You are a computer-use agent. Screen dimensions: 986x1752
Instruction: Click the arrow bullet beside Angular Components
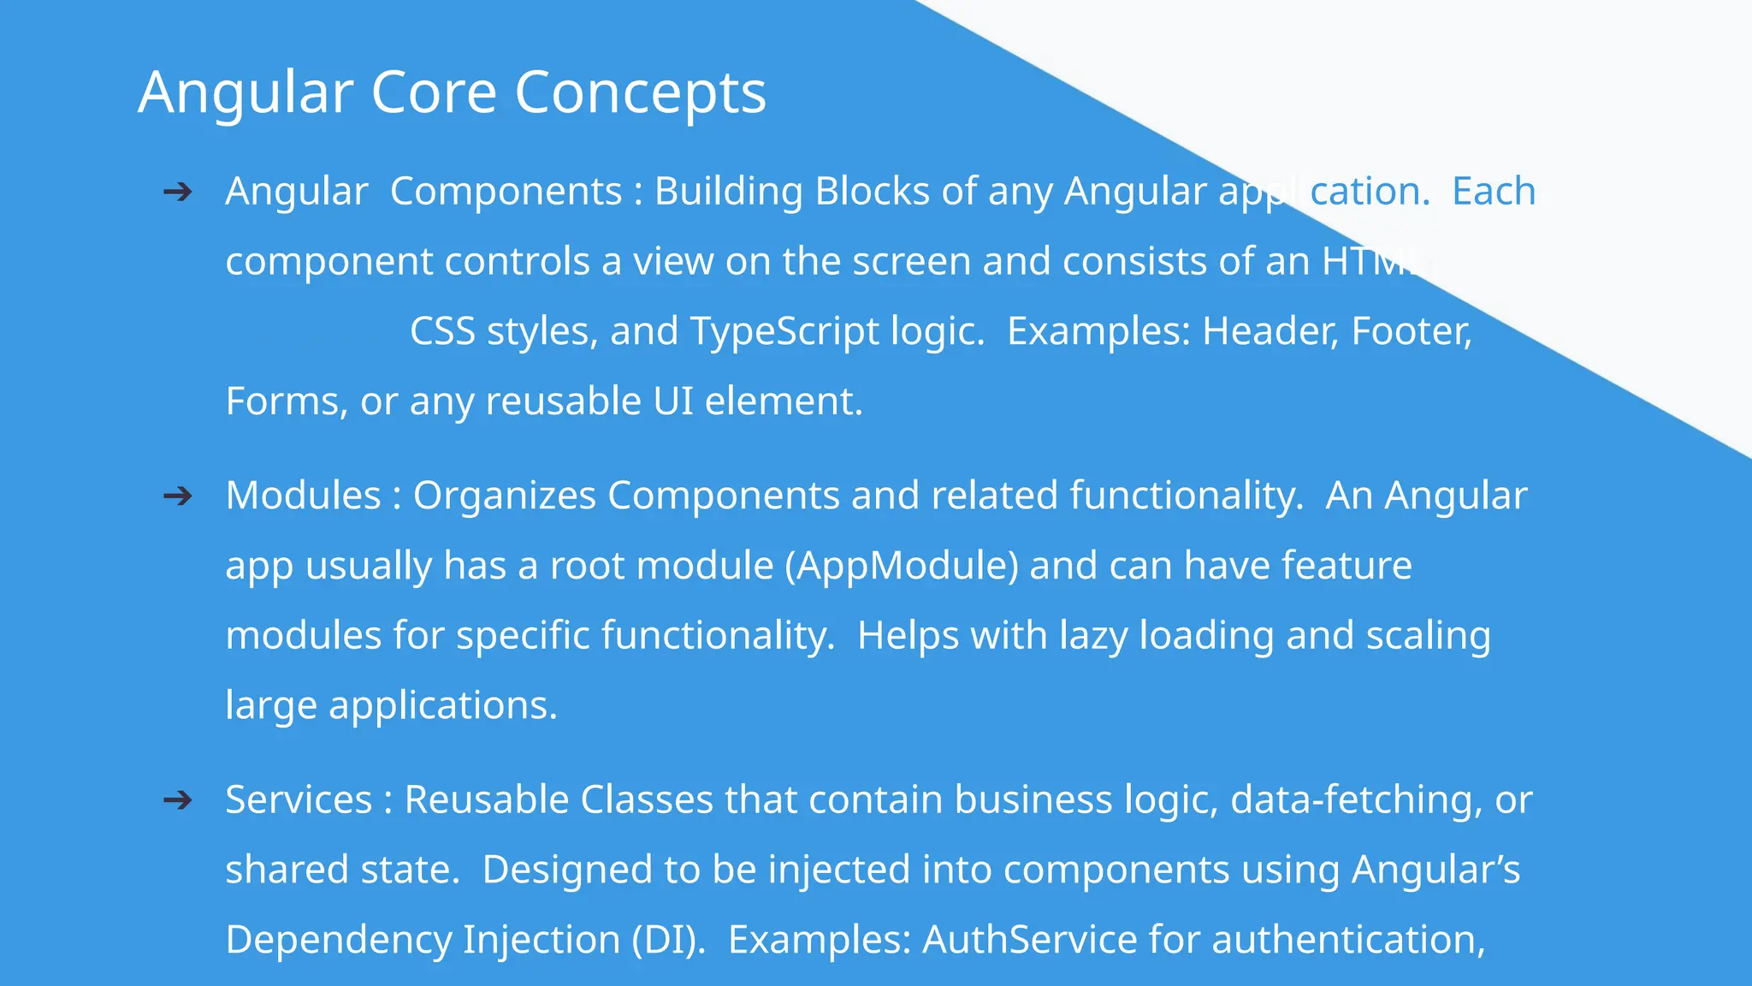tap(178, 192)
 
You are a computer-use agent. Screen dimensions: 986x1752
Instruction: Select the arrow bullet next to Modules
tap(178, 496)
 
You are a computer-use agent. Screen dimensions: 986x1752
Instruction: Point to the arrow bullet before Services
tap(178, 800)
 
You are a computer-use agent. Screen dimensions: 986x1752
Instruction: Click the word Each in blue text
tap(1494, 192)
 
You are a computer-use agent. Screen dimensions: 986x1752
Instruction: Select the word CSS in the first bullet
tap(442, 332)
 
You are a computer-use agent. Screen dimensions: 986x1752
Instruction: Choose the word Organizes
tap(504, 496)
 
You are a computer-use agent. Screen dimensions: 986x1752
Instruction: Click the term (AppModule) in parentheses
tap(902, 566)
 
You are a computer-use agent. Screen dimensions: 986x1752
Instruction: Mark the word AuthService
tap(1029, 940)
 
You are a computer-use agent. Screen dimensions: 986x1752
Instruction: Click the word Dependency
tap(337, 940)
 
